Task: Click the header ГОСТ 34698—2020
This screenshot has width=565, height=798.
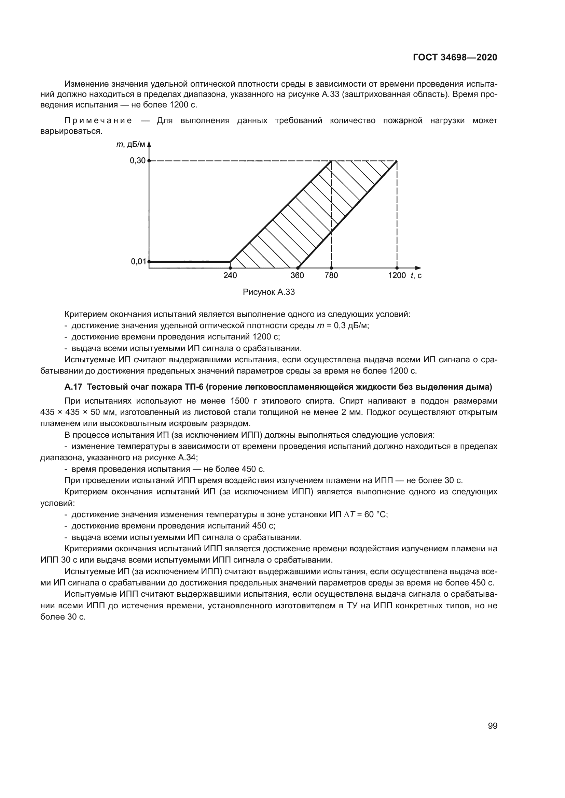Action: click(455, 58)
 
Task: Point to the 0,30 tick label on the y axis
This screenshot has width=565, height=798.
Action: click(137, 161)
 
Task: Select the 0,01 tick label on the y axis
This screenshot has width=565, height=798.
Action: click(138, 261)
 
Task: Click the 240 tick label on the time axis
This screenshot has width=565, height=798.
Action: click(230, 276)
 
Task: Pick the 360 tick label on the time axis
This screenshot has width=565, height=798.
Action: click(297, 276)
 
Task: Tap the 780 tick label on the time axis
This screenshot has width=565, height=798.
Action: click(331, 276)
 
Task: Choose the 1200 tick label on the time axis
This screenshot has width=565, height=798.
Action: click(397, 276)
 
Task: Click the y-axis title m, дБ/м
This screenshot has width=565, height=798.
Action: click(130, 145)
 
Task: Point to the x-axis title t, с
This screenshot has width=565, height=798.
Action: click(416, 276)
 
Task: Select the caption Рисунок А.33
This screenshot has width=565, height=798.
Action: click(268, 292)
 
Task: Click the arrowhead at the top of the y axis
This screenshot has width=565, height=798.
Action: click(149, 144)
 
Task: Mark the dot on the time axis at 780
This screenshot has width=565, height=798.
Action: click(331, 268)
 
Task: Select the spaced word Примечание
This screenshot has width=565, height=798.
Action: click(98, 120)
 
